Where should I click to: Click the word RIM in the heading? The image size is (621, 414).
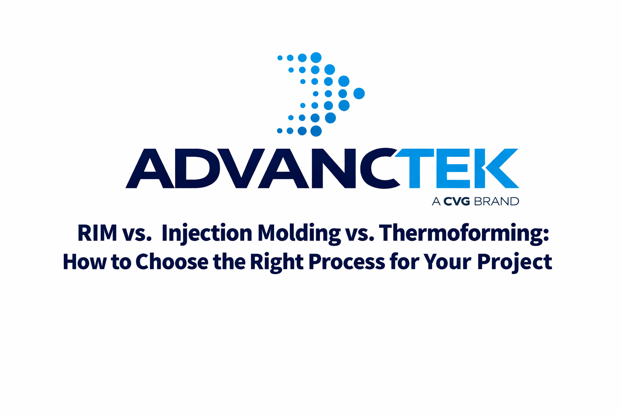click(97, 233)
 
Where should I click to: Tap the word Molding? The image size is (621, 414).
click(299, 234)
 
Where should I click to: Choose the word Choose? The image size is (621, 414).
click(171, 262)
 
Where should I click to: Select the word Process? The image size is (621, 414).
click(346, 262)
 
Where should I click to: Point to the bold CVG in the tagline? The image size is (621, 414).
click(456, 201)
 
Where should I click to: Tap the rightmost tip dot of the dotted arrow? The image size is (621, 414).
click(359, 93)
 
